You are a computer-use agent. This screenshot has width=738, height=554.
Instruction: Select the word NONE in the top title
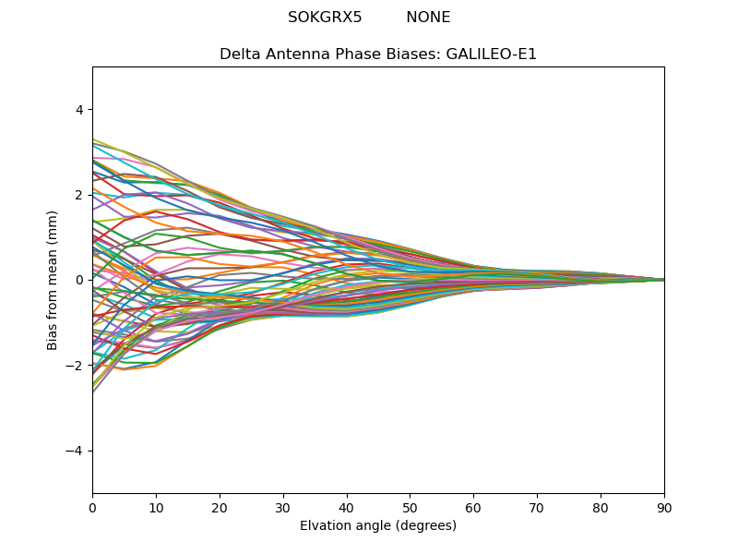(x=428, y=18)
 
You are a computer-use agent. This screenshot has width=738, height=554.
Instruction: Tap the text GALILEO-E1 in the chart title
(x=492, y=54)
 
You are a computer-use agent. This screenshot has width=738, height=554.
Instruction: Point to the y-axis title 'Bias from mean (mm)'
(x=53, y=280)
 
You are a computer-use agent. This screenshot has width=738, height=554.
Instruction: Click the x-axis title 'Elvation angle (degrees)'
(x=378, y=525)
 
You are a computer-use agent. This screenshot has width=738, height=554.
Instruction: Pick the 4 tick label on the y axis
(x=78, y=109)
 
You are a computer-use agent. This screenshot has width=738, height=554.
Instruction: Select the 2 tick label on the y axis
(x=78, y=195)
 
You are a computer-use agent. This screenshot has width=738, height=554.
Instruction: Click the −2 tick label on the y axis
(x=75, y=366)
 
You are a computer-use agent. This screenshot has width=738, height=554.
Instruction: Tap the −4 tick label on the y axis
(x=75, y=451)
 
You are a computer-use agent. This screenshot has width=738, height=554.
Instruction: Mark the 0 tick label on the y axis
(x=78, y=280)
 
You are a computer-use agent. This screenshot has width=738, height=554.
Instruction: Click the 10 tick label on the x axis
(x=156, y=507)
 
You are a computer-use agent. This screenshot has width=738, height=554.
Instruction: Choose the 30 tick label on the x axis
(x=283, y=507)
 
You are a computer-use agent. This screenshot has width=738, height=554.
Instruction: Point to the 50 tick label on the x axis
(x=410, y=507)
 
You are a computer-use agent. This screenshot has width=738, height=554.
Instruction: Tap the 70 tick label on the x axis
(x=537, y=507)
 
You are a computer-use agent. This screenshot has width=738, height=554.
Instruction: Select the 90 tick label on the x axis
(x=664, y=507)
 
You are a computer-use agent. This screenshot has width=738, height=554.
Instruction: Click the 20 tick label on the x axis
(x=220, y=507)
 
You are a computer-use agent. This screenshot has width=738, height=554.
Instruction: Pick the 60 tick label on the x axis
(x=473, y=507)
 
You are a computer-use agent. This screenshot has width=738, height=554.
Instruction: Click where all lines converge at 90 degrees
(x=663, y=280)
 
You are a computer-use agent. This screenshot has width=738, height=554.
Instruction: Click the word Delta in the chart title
(x=240, y=54)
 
